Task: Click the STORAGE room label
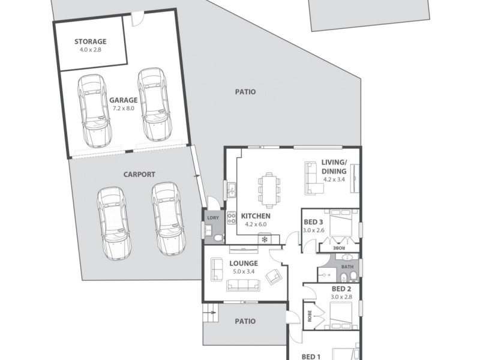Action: click(x=90, y=41)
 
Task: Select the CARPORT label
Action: click(x=139, y=175)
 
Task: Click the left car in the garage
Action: click(x=94, y=111)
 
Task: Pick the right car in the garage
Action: click(x=152, y=103)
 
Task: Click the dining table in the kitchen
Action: click(x=269, y=189)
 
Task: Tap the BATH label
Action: click(x=347, y=266)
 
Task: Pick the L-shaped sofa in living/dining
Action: click(x=313, y=178)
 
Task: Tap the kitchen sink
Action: click(x=231, y=191)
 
